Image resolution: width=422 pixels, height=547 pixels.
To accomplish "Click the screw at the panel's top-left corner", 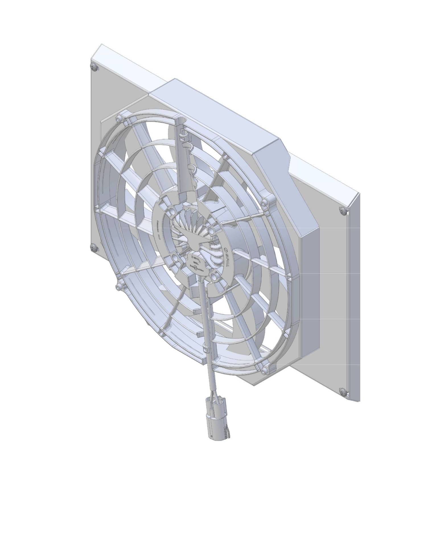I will click(x=94, y=67).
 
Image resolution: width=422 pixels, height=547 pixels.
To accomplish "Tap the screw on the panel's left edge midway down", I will click(x=94, y=247).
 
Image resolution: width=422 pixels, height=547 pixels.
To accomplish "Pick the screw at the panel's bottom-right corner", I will click(x=343, y=391).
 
